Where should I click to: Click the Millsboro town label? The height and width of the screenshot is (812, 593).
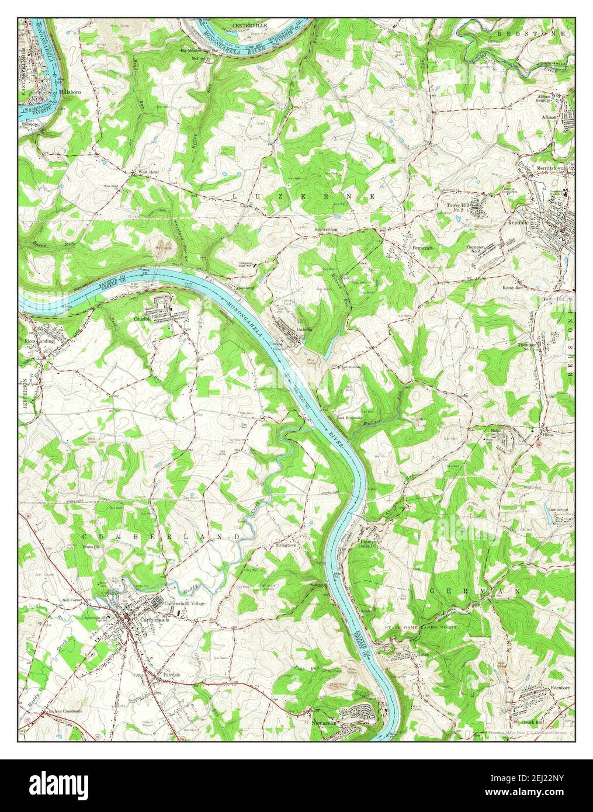click(x=69, y=92)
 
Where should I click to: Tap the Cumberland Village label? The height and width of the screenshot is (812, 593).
click(x=185, y=603)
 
